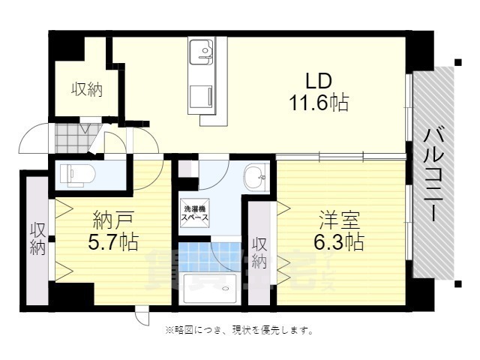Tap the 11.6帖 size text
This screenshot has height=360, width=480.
(319, 103)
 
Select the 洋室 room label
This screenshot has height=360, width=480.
(338, 221)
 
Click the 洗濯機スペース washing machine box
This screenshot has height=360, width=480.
(193, 212)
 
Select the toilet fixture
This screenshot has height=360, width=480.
(75, 175)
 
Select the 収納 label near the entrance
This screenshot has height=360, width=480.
(87, 90)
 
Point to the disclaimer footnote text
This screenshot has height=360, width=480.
(238, 329)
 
